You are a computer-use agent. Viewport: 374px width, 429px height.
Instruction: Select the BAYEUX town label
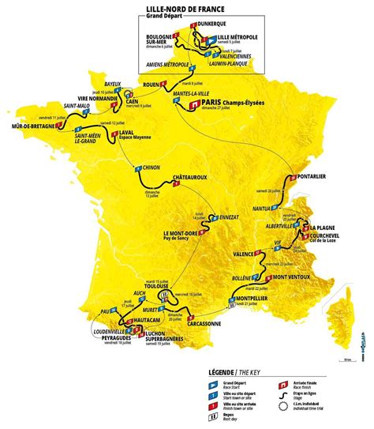tap(117, 84)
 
